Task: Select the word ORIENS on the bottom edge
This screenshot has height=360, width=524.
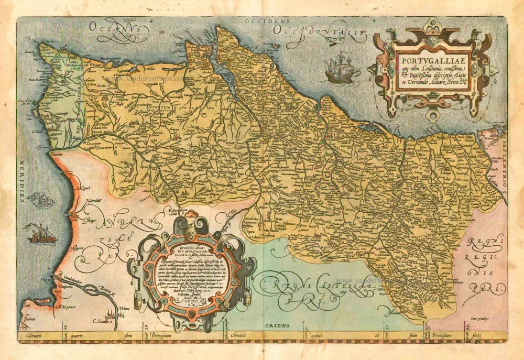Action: point(277,325)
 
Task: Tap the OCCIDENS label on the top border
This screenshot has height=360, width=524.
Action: point(263,21)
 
